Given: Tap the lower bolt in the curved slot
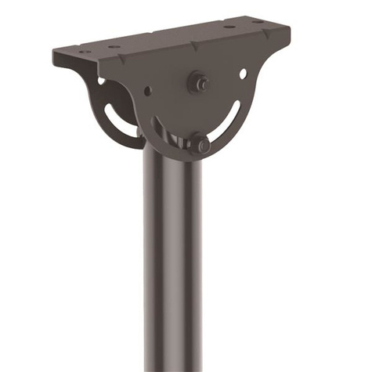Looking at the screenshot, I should tap(201, 145).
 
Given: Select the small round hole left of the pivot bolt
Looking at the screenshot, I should tap(148, 91).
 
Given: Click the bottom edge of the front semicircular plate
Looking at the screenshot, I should tap(188, 160).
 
